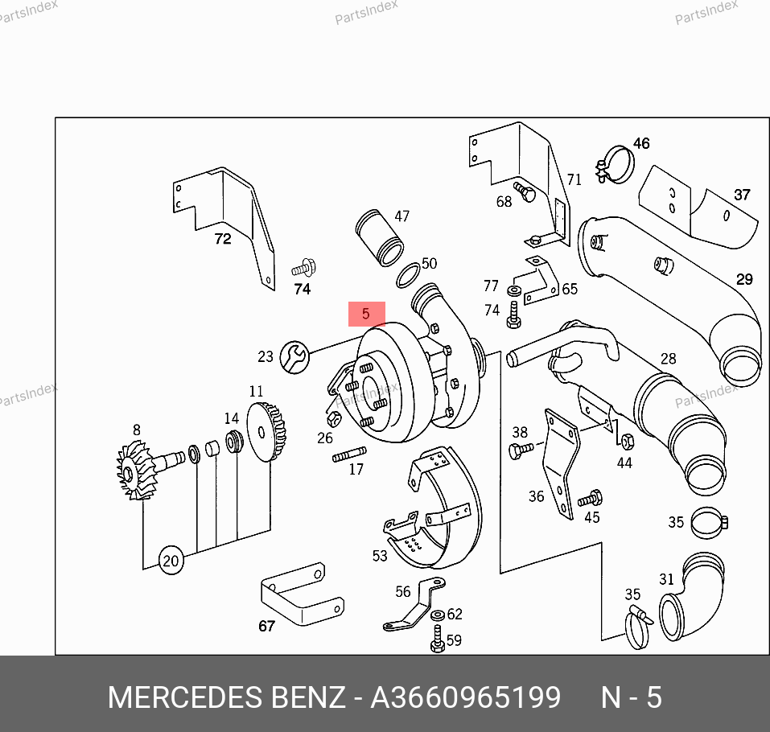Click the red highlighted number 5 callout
366,314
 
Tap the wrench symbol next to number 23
294,357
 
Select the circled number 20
171,560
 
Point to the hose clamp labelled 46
615,164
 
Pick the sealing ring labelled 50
408,275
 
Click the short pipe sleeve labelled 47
380,237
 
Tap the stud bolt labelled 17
349,454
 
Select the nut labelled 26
334,419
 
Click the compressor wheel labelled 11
266,431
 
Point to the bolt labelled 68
525,191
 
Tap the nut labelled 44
627,441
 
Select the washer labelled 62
438,615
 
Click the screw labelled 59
438,639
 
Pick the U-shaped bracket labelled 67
302,594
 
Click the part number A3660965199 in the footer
466,697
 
